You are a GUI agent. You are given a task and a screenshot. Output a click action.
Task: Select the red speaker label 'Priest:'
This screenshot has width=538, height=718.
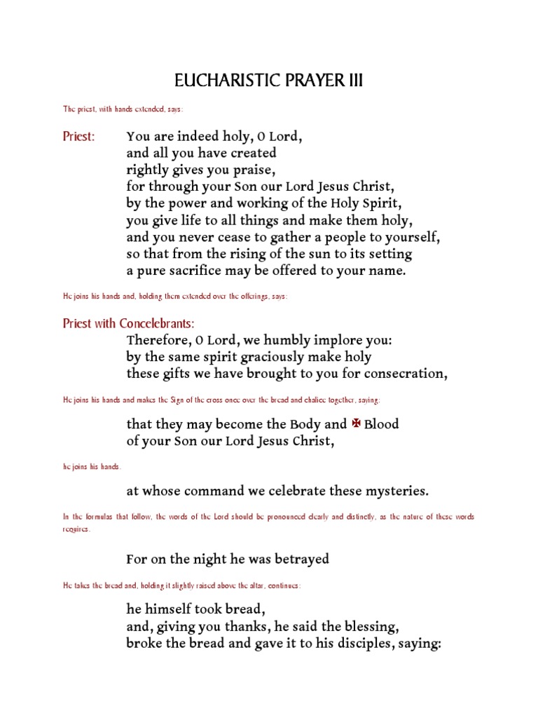point(78,136)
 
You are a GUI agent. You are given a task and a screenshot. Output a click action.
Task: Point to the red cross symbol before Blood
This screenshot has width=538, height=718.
point(355,424)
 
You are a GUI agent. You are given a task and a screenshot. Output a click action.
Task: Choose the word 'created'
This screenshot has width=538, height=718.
point(251,153)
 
